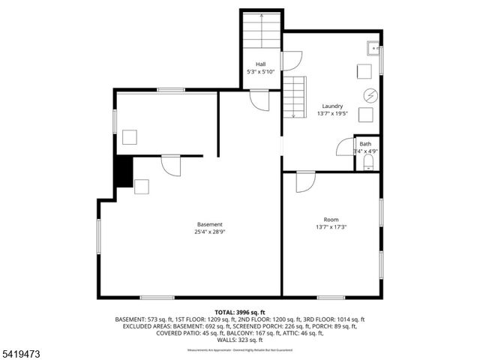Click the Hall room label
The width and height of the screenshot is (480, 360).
(x=260, y=64)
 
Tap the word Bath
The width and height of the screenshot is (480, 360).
(x=365, y=143)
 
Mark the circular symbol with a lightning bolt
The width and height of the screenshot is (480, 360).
(x=369, y=94)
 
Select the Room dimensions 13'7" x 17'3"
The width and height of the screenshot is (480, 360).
(x=331, y=227)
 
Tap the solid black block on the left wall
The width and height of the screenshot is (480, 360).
(x=123, y=172)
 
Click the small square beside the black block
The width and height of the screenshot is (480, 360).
(x=142, y=186)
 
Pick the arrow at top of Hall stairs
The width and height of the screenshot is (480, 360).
(x=261, y=14)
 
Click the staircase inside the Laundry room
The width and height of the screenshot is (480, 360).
(x=295, y=97)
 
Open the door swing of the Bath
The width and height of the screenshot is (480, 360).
(x=345, y=146)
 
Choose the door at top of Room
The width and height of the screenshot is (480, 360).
(x=305, y=181)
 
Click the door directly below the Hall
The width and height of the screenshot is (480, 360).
(x=259, y=100)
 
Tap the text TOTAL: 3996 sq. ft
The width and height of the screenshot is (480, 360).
(x=240, y=311)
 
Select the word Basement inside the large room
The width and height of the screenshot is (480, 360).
(x=210, y=225)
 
